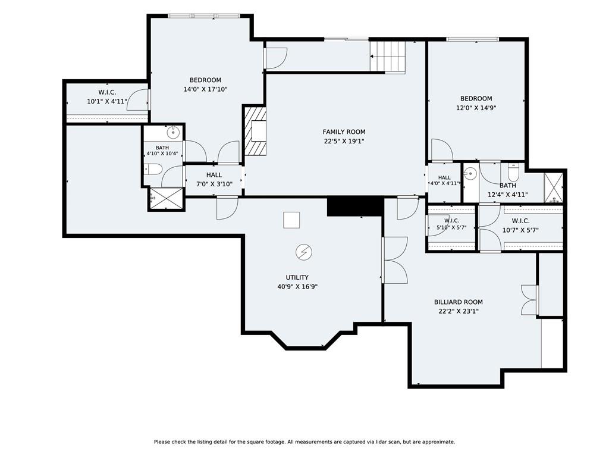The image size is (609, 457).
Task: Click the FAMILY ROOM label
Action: click(x=344, y=132)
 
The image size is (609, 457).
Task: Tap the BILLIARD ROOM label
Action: click(x=459, y=302)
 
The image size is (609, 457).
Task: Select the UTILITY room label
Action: click(x=297, y=277)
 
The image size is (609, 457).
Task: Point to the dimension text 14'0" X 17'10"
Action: click(x=205, y=89)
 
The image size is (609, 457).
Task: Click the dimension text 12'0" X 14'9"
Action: click(x=476, y=108)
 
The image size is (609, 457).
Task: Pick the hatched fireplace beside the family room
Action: click(x=255, y=131)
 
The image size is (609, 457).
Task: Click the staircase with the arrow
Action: click(x=388, y=57)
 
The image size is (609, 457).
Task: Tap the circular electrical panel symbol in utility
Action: click(x=304, y=252)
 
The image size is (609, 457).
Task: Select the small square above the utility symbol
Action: click(x=291, y=220)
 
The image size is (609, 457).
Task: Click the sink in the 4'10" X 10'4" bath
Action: click(x=173, y=133)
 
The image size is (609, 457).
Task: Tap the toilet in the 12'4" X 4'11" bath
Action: click(x=513, y=173)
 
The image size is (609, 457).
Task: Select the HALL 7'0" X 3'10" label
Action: click(x=214, y=180)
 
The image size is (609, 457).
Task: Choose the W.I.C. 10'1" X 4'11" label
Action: click(x=107, y=97)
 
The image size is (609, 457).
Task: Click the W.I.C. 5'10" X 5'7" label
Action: click(x=451, y=224)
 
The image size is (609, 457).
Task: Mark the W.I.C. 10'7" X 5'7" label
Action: click(x=520, y=226)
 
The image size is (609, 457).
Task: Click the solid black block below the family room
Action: click(x=356, y=206)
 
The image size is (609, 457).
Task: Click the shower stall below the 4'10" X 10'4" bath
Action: click(x=167, y=199)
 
